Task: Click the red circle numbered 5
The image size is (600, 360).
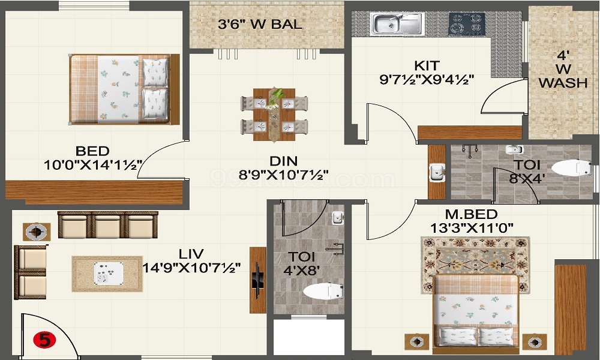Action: (x=44, y=340)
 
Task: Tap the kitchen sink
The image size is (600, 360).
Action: (x=397, y=24)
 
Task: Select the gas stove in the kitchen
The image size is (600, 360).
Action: (x=467, y=24)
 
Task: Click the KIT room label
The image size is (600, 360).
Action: (x=427, y=65)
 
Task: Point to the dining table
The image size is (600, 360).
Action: (x=274, y=115)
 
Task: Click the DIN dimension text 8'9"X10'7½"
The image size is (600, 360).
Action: (x=284, y=175)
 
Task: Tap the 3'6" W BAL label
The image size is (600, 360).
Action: (x=260, y=24)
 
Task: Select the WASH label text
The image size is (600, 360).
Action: (x=563, y=82)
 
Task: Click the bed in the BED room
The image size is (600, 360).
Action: (x=125, y=89)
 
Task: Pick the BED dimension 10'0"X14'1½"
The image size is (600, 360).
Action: (x=93, y=165)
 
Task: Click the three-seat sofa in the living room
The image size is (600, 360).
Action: (x=108, y=224)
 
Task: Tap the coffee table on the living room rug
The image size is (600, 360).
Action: (x=109, y=273)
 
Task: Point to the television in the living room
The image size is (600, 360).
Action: (x=257, y=280)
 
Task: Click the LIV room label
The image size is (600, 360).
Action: (x=191, y=254)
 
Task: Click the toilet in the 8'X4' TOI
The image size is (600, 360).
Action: (x=572, y=167)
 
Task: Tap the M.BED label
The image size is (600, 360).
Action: (x=471, y=214)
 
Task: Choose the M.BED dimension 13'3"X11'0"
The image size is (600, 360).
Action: (x=472, y=227)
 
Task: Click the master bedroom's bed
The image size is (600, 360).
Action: (x=476, y=314)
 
